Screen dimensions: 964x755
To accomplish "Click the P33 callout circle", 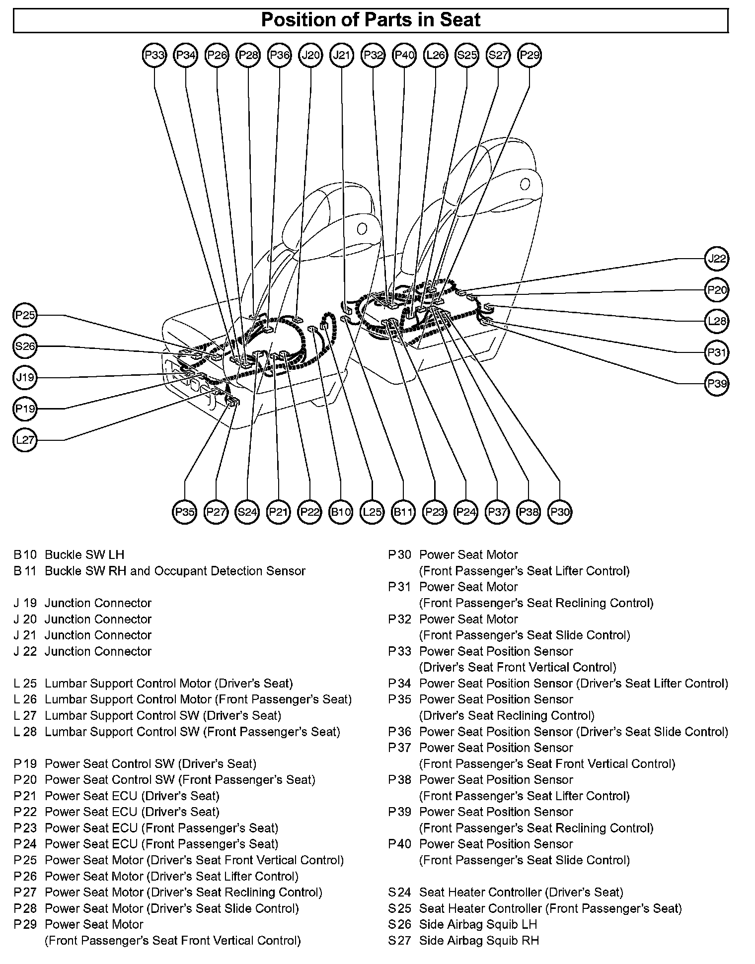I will (x=154, y=55).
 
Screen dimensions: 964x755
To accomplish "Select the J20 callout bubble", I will (x=310, y=55).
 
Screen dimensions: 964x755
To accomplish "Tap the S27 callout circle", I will (x=498, y=55).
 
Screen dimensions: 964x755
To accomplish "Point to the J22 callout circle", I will (x=717, y=259).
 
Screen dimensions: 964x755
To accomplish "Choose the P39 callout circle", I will (x=717, y=384).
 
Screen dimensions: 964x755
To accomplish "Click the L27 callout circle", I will (x=25, y=440).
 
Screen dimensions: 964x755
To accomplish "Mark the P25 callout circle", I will (x=25, y=315).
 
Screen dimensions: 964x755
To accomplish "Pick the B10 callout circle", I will (x=341, y=512).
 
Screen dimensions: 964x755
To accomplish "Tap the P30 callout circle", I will (x=560, y=512).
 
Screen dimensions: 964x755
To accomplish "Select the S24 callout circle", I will (x=247, y=512).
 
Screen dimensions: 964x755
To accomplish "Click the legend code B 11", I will (x=25, y=571).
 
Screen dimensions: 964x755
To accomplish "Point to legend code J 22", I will (x=25, y=651).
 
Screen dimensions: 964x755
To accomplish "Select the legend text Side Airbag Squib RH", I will (x=479, y=940).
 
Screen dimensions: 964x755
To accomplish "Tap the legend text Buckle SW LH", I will (x=84, y=554).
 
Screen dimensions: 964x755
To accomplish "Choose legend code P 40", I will (x=400, y=844).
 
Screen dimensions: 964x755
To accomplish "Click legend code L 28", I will (x=25, y=732).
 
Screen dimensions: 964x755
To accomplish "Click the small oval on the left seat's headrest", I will (x=362, y=229).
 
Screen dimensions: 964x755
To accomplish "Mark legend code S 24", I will (x=400, y=892).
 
